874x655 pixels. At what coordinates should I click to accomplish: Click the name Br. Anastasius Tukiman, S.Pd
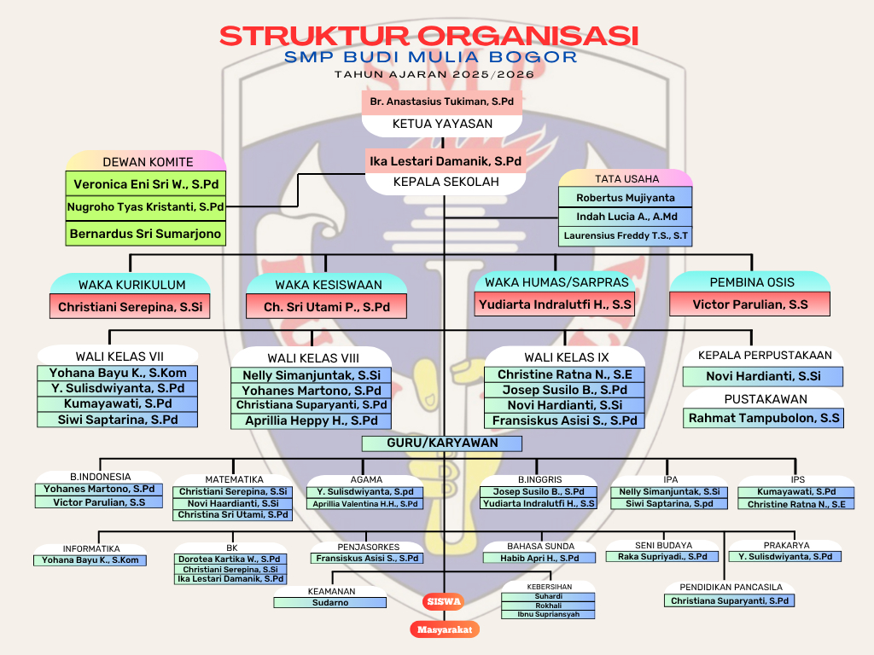442,101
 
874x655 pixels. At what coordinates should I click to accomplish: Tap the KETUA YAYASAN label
442,124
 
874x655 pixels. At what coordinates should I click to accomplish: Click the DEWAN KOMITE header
147,161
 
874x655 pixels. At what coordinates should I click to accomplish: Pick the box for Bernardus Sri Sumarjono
146,234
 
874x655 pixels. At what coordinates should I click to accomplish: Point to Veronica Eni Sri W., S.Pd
146,183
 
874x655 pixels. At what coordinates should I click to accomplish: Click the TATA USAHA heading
626,179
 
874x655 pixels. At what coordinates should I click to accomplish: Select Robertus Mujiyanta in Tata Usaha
626,198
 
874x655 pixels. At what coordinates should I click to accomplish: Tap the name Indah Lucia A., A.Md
626,217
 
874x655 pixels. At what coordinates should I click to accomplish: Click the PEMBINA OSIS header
751,282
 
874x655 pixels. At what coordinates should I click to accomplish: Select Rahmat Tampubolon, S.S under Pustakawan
764,418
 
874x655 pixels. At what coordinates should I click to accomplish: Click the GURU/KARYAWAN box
442,443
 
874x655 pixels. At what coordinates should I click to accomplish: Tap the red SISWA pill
443,601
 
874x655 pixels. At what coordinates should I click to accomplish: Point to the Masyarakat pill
444,629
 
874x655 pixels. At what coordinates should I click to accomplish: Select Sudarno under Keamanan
329,602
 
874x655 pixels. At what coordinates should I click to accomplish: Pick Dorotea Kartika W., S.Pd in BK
230,559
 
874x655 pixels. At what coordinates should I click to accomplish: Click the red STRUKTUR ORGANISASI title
429,36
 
